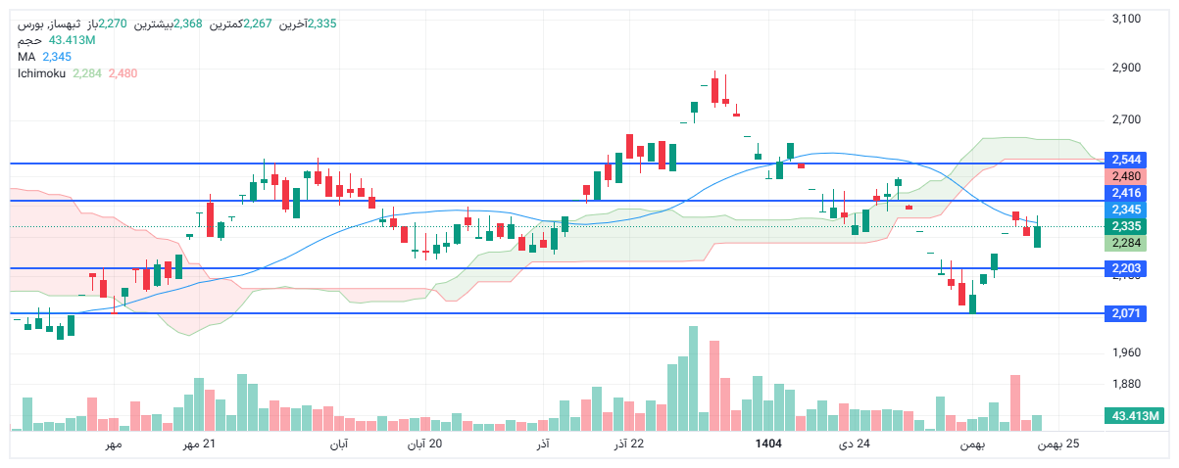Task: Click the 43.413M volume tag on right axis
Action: [x=1135, y=417]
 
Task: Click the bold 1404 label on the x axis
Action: [x=768, y=445]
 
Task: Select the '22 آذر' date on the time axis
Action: [x=628, y=445]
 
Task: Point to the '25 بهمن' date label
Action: [x=1059, y=445]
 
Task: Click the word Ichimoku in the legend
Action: [x=41, y=73]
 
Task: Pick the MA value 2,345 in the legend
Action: [x=57, y=57]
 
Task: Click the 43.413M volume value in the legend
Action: [x=72, y=40]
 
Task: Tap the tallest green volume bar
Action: [x=693, y=378]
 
